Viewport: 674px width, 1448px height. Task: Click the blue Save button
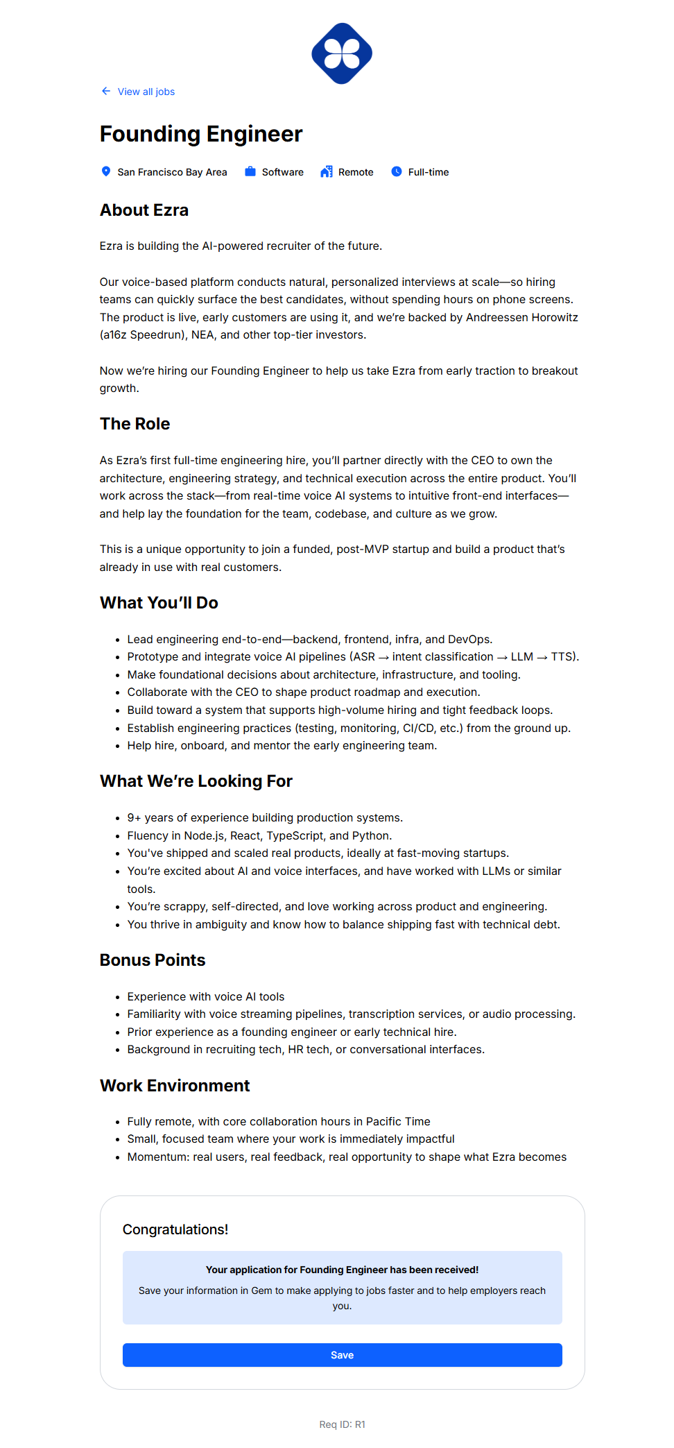coord(342,1354)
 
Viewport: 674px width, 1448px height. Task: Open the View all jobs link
coord(146,92)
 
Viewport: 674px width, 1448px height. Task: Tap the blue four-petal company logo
coord(342,53)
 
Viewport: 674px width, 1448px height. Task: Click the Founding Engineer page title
coord(201,134)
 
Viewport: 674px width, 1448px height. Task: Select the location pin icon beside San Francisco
coord(106,171)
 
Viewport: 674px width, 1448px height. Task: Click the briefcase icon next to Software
coord(250,171)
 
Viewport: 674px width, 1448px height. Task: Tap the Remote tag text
coord(356,172)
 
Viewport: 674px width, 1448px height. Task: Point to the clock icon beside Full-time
coord(397,171)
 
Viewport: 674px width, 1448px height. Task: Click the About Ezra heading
coord(144,210)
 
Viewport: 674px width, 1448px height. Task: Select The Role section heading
coord(135,424)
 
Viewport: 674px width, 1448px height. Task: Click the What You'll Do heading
coord(159,603)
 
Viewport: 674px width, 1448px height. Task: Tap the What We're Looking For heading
coord(196,781)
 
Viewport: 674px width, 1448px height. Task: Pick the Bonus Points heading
coord(153,960)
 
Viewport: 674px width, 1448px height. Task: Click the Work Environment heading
coord(175,1086)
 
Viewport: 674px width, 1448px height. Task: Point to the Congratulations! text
coord(175,1229)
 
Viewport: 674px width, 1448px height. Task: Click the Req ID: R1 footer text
coord(342,1424)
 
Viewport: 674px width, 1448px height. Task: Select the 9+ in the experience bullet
coord(134,818)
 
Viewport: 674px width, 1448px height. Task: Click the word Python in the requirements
coord(371,836)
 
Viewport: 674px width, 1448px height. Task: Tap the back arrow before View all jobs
coord(106,91)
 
